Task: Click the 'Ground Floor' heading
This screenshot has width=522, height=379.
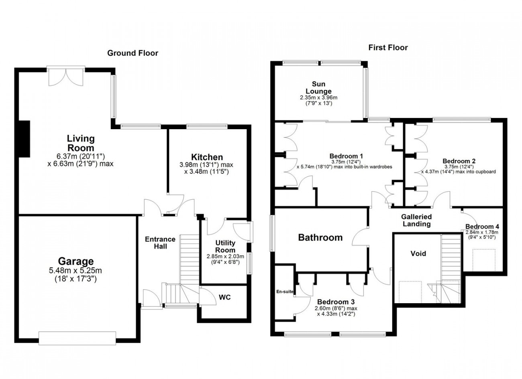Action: coord(133,53)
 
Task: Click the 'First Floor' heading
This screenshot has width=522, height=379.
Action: coord(388,48)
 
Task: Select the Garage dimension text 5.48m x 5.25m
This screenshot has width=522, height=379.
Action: coord(75,271)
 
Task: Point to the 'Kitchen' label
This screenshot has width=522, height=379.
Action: coord(207,157)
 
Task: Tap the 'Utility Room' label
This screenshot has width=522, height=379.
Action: coord(225,247)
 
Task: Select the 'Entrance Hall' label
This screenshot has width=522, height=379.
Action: coord(160,243)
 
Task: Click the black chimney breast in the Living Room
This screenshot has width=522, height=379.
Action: coord(24,138)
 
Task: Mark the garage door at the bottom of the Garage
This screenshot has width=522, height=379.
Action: coord(76,338)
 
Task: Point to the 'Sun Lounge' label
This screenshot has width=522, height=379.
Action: coord(321,88)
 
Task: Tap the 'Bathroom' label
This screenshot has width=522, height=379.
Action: coord(320,237)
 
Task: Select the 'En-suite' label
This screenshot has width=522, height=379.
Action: coord(284,292)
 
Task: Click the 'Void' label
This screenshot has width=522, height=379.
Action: coord(418,253)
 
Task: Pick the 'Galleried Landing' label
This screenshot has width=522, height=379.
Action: coord(416,220)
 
